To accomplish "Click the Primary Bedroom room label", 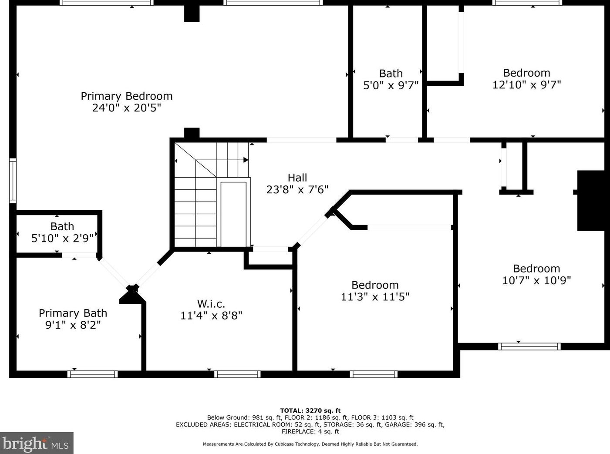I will (126, 96).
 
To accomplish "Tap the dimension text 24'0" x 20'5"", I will (126, 108).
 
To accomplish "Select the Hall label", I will (297, 178).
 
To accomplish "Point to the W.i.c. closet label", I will (211, 303).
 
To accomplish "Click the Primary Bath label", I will (73, 313).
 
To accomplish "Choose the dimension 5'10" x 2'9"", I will (62, 238).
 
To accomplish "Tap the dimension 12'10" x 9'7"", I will (526, 84).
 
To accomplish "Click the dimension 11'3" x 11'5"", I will (375, 296).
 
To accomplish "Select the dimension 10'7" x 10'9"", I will (536, 280).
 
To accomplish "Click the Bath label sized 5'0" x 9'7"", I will (391, 74).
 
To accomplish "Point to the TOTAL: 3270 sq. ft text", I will (310, 410).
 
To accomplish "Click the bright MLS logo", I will (36, 444).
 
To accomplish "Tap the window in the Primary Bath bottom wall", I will (92, 374).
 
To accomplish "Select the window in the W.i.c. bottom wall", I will (237, 374).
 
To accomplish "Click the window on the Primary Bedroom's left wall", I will (13, 181).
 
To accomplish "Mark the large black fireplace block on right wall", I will (591, 200).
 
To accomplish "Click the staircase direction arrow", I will (246, 160).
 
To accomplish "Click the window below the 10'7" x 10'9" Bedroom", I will (529, 346).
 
